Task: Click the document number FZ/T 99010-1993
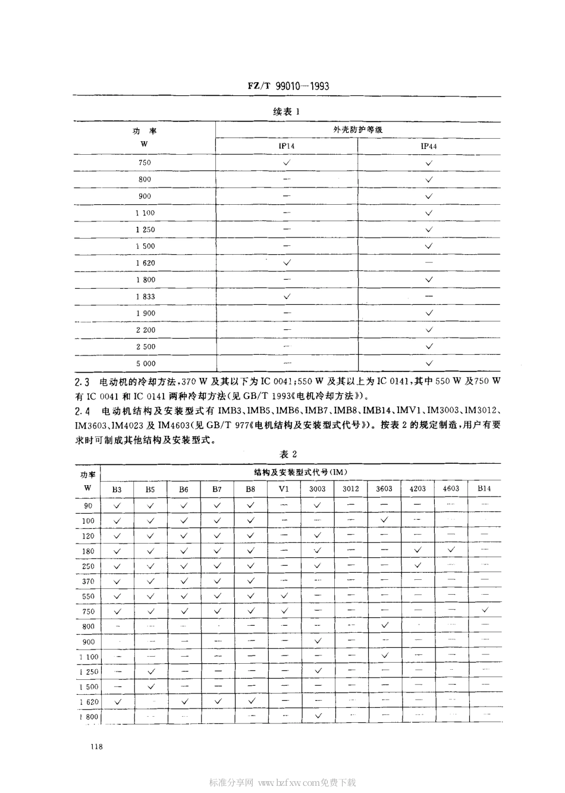click(288, 86)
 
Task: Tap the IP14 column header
click(286, 146)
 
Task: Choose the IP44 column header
click(429, 146)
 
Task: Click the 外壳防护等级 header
click(358, 129)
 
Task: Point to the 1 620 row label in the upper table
click(145, 263)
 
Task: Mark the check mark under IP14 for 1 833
click(287, 296)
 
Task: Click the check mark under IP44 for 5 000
click(429, 363)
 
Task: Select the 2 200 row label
click(145, 329)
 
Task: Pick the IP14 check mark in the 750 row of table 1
click(287, 162)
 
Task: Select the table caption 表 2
click(288, 454)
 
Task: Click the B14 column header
click(484, 489)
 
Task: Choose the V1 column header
click(284, 489)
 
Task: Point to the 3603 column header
click(384, 489)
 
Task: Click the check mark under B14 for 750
click(485, 610)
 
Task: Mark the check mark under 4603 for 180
click(451, 550)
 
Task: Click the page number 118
click(81, 747)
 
